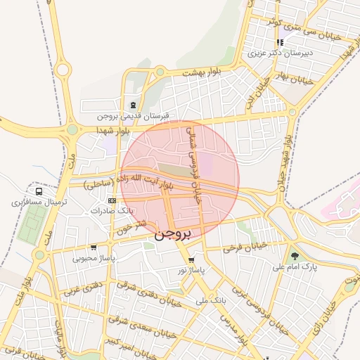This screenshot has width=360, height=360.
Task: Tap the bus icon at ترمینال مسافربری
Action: pos(39,191)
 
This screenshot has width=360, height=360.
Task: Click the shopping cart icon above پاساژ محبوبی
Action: pos(94,247)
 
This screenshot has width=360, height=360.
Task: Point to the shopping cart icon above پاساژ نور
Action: pos(191,259)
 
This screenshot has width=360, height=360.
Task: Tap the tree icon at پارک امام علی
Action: pos(294,256)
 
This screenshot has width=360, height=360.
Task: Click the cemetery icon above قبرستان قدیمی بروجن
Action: pos(133,105)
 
